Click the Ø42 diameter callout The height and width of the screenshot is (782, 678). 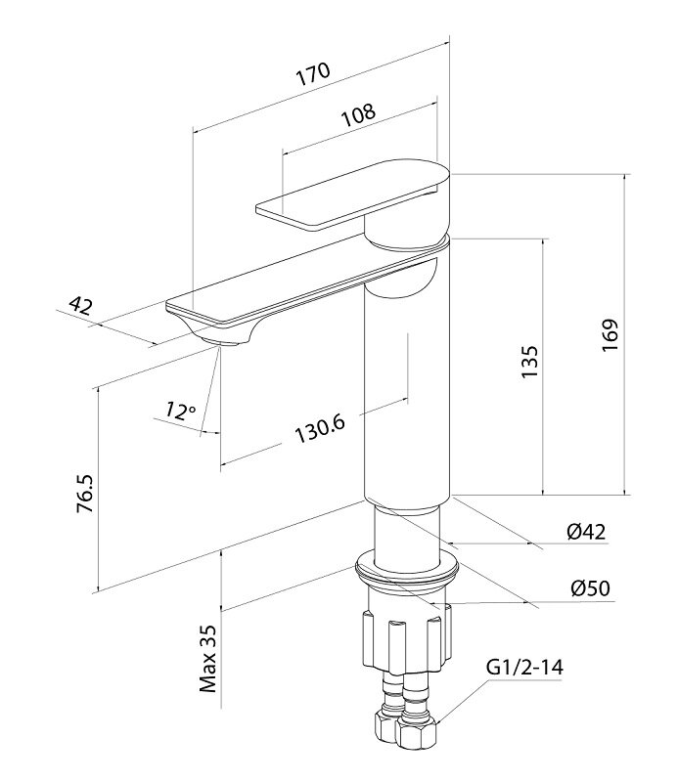point(586,531)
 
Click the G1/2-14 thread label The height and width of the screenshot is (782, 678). point(523,669)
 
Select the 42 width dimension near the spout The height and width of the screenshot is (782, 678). point(80,306)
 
